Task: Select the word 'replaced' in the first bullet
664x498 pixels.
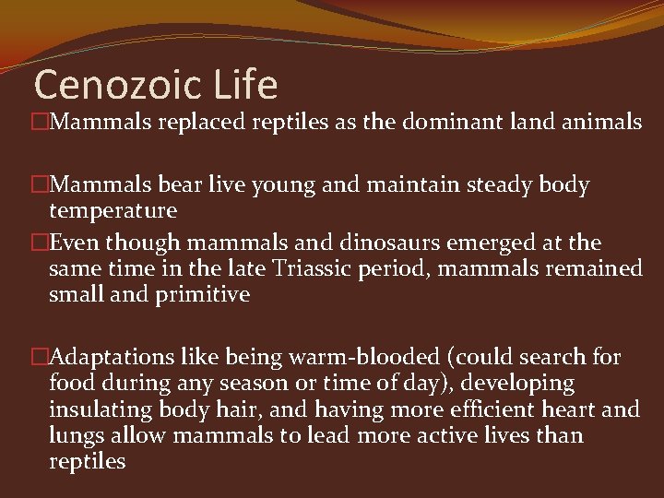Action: pyautogui.click(x=197, y=121)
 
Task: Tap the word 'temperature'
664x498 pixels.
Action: pyautogui.click(x=113, y=210)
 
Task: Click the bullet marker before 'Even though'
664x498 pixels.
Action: pyautogui.click(x=40, y=243)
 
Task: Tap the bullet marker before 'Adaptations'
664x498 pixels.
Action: pyautogui.click(x=40, y=357)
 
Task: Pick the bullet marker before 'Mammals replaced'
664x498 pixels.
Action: pyautogui.click(x=40, y=121)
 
